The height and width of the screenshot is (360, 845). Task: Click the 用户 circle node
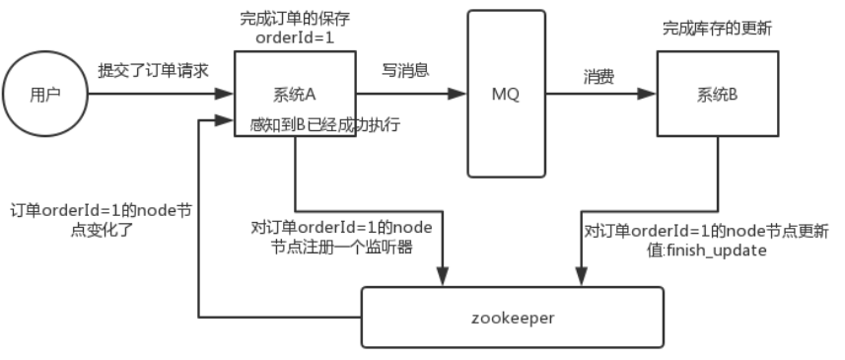(45, 96)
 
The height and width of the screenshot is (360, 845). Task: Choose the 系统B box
(711, 96)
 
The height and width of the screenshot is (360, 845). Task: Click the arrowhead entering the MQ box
(458, 96)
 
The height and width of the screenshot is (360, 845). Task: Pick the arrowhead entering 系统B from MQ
(649, 96)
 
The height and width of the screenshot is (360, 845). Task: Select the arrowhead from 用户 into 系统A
(226, 96)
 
